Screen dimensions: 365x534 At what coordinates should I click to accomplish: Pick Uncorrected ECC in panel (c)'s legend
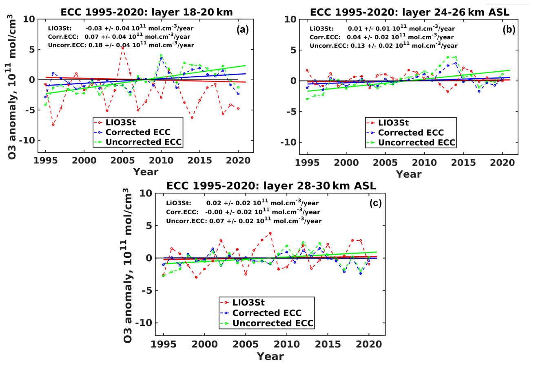coord(272,323)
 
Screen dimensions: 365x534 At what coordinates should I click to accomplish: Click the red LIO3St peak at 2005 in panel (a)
coord(123,48)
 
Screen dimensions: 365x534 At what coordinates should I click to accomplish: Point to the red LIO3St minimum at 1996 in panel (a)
coord(53,124)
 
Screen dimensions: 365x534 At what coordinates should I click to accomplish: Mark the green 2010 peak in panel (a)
coord(161,55)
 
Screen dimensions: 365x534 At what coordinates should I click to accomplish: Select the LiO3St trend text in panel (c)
coord(242,203)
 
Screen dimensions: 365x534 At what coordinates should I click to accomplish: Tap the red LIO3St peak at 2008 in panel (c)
coord(270,233)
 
